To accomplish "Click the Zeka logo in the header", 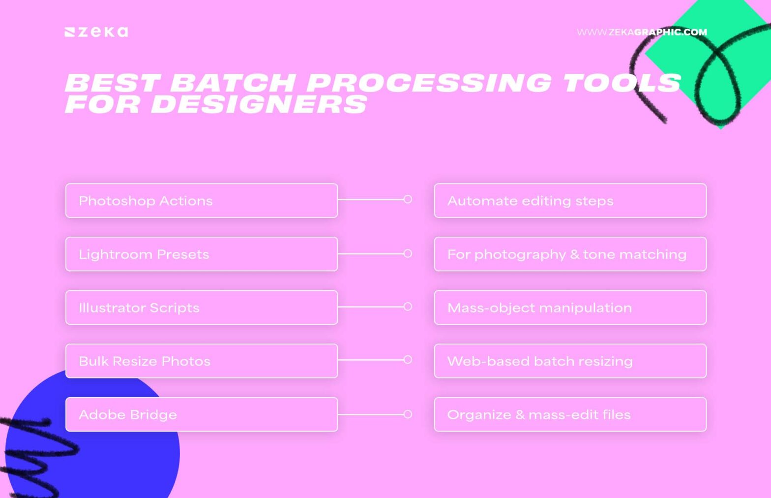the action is (96, 32).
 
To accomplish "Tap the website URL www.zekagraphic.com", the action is (642, 32).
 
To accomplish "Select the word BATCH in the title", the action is (233, 83).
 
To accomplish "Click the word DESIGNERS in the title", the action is (259, 104).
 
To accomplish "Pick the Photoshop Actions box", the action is (202, 201).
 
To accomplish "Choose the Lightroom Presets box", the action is (202, 254).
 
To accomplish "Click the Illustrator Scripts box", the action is (202, 308).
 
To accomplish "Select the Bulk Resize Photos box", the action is (202, 361).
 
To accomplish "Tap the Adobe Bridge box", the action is (202, 414).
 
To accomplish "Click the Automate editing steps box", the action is (570, 201).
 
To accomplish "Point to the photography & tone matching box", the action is (570, 254).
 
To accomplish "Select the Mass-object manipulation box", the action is (570, 308).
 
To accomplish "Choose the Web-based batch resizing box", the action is (570, 361).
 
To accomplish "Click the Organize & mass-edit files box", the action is (570, 414).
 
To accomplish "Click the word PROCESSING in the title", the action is (429, 83).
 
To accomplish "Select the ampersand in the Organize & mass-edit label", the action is (520, 415).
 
